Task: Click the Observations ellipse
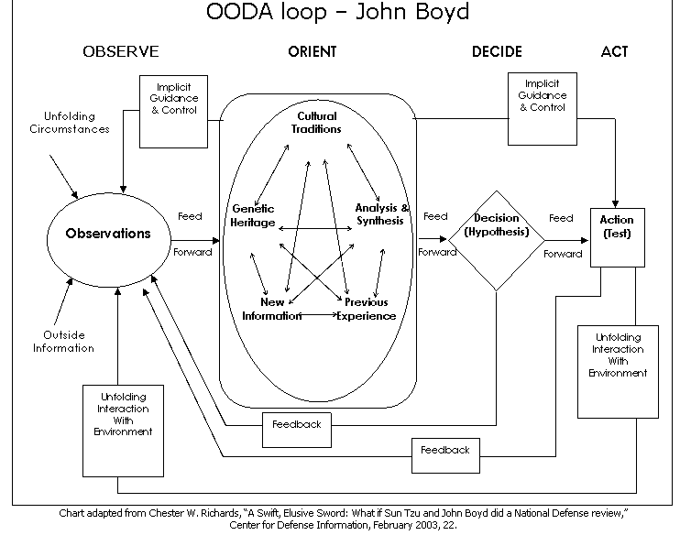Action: (x=107, y=234)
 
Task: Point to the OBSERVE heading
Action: (x=120, y=52)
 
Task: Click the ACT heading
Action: (x=614, y=52)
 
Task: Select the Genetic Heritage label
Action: (x=253, y=215)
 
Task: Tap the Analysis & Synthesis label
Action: (x=382, y=215)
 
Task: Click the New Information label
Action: (x=272, y=310)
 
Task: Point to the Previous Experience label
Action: (x=366, y=310)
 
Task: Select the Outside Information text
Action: (x=63, y=341)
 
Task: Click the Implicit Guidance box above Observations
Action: (x=174, y=111)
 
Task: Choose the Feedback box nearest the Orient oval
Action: (x=296, y=425)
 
